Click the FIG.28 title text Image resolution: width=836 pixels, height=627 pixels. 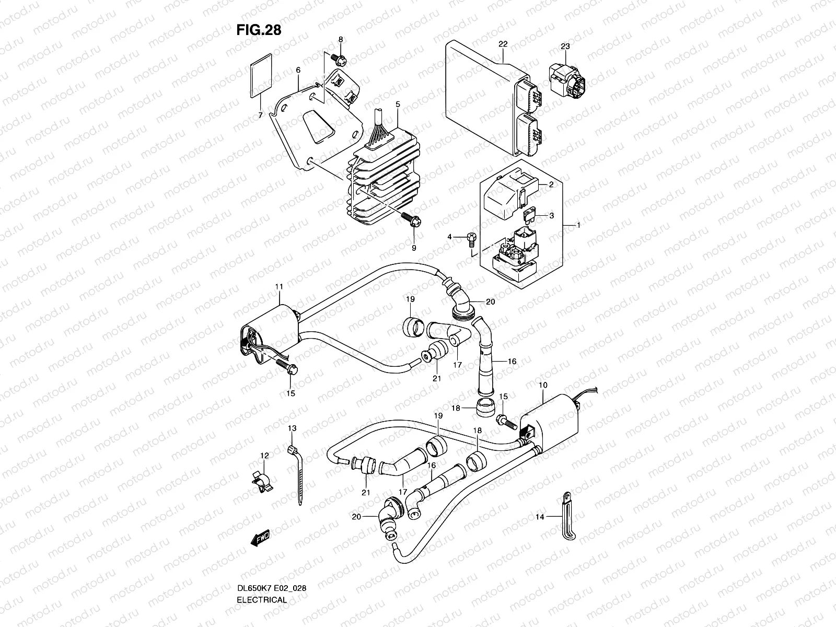[259, 30]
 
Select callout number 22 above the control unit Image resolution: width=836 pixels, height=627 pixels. [503, 44]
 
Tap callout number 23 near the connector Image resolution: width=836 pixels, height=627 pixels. [565, 47]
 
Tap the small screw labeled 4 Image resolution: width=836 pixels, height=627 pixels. [470, 238]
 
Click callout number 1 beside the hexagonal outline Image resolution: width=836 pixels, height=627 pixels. [578, 225]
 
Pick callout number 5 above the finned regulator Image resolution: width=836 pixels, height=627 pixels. [398, 104]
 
